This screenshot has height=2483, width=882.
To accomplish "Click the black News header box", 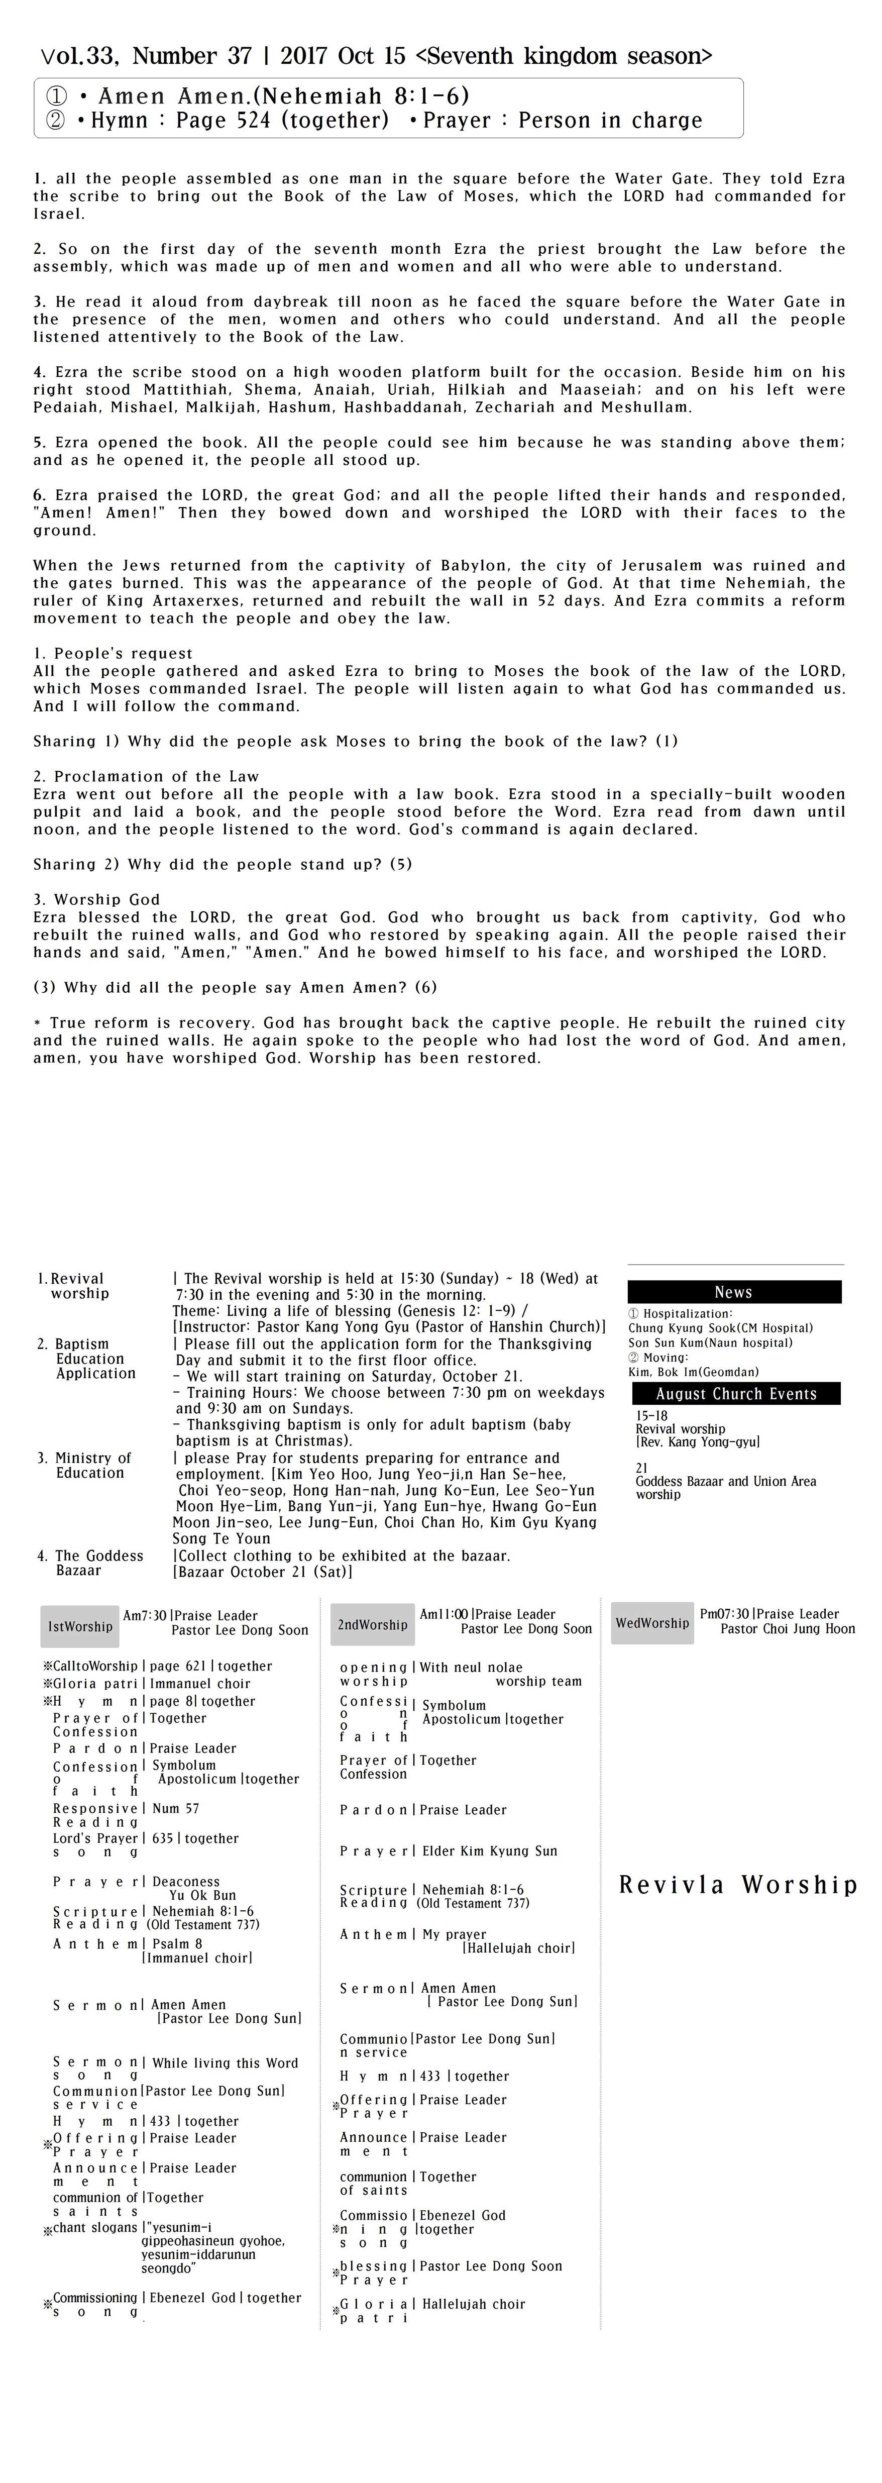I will pos(733,1292).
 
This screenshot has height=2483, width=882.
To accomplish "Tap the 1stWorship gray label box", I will pos(80,1626).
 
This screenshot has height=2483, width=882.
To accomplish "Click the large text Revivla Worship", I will pos(737,1885).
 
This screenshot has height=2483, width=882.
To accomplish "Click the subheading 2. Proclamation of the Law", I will pos(147,776).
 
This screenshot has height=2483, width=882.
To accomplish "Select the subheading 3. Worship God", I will pos(96,899).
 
